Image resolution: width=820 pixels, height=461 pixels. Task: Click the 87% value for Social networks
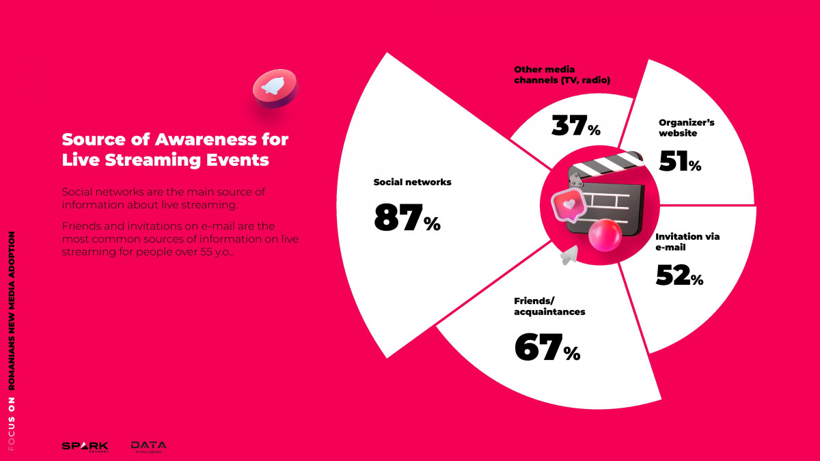click(407, 218)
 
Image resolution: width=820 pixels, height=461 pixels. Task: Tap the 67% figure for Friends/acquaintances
click(547, 347)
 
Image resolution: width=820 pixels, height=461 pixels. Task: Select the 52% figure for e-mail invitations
click(679, 275)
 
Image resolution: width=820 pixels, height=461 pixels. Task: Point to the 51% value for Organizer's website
click(680, 161)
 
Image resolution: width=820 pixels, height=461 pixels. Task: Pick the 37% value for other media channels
click(576, 126)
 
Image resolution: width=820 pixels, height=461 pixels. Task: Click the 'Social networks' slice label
click(412, 182)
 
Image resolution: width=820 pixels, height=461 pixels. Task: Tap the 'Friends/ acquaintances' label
click(549, 306)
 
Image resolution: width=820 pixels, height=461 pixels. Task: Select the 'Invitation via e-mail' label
click(687, 242)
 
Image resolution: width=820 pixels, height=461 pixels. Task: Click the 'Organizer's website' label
click(686, 128)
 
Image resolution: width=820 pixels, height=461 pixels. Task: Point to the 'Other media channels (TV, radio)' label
click(562, 74)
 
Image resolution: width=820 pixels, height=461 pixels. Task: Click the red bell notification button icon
click(275, 89)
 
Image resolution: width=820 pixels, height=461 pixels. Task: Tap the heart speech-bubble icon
click(569, 205)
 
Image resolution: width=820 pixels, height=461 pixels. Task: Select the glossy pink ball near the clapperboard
click(605, 235)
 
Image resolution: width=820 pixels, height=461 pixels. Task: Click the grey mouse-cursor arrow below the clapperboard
click(570, 255)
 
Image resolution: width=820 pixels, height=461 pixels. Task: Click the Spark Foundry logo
click(85, 447)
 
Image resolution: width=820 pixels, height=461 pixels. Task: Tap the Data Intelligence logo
click(149, 447)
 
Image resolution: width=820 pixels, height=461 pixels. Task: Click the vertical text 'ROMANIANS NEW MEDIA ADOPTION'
click(12, 311)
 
